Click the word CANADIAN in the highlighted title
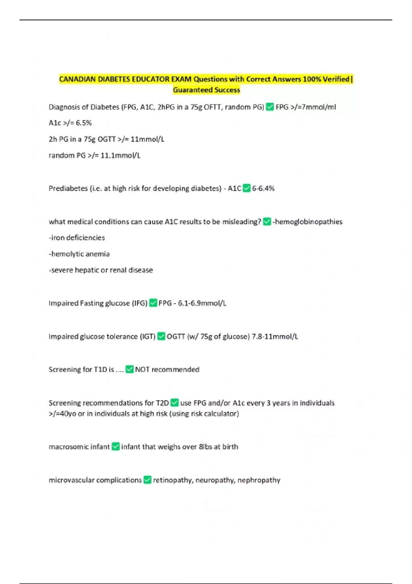[77, 79]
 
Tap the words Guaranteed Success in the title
[206, 90]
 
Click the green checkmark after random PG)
[270, 107]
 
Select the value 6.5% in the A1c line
[84, 123]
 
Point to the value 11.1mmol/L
[120, 156]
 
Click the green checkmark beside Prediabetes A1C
[247, 188]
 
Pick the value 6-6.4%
[263, 188]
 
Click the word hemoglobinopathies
[309, 222]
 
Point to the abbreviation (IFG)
[139, 303]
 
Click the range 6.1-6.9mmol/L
[202, 303]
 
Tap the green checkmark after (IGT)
[161, 337]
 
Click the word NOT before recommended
[142, 370]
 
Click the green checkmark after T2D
[174, 403]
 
